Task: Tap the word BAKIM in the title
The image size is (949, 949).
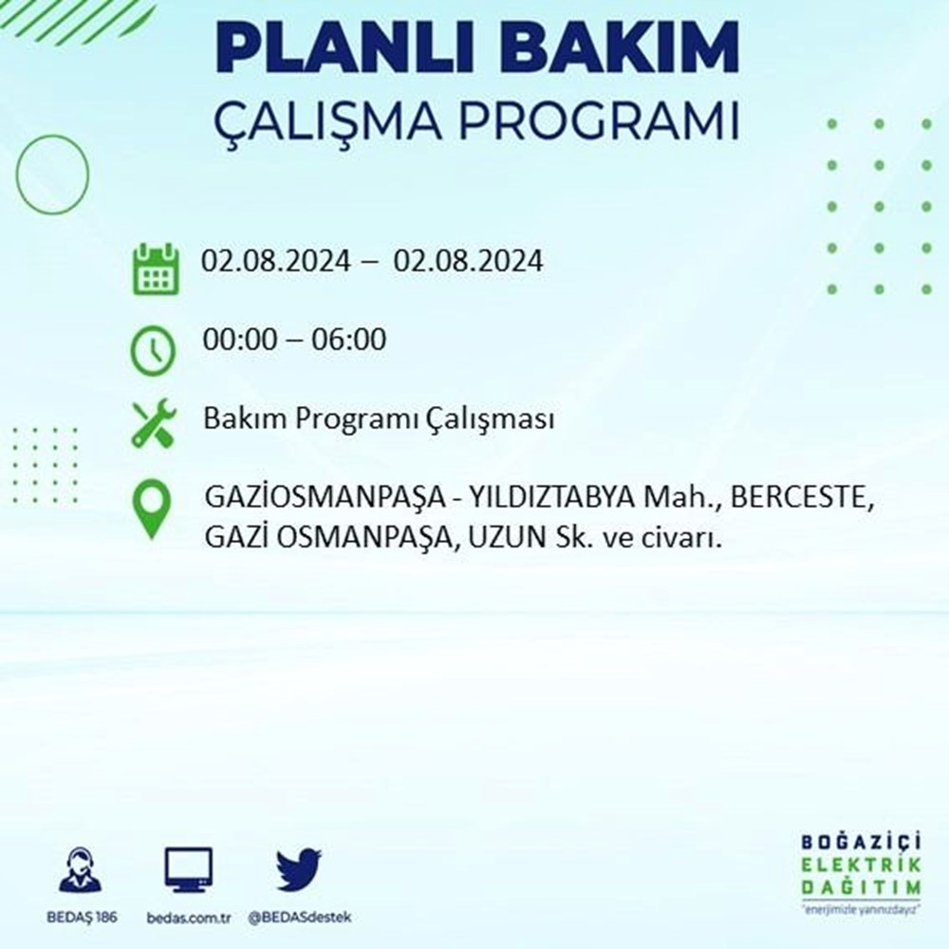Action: [x=619, y=48]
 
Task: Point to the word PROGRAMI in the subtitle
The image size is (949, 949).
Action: [x=599, y=121]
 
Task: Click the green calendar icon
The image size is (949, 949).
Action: [x=156, y=269]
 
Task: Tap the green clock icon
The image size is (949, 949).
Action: [x=153, y=350]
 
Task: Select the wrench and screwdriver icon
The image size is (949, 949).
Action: [x=154, y=422]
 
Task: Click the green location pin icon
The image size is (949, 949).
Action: [x=152, y=509]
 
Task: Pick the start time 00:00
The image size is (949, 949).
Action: [x=240, y=339]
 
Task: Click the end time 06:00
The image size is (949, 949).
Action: [x=348, y=339]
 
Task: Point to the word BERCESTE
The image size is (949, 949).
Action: [x=802, y=498]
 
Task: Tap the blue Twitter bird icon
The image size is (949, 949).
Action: [x=298, y=869]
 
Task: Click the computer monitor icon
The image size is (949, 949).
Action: [x=188, y=870]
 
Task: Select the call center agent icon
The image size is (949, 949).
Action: [x=81, y=869]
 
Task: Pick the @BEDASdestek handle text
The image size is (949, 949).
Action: [x=300, y=918]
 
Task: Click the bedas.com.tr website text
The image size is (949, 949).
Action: [x=189, y=918]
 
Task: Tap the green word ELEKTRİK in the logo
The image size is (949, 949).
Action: [x=862, y=865]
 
